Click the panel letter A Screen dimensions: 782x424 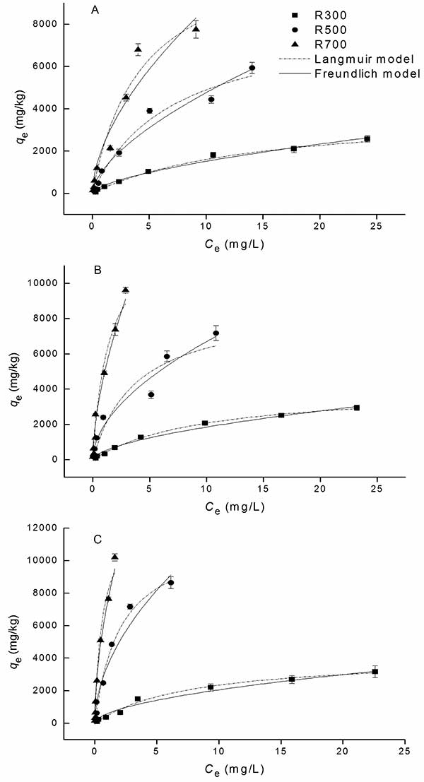point(95,11)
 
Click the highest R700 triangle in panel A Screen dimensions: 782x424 point(196,29)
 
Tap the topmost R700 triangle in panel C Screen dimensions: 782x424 point(114,557)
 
